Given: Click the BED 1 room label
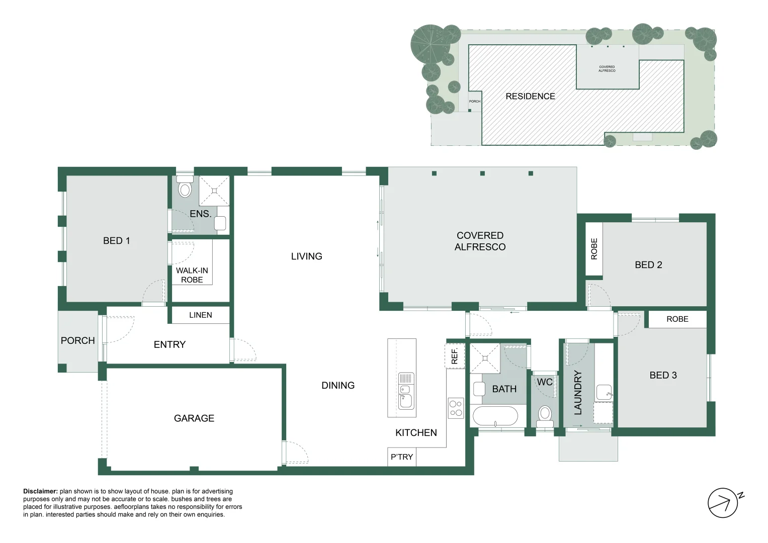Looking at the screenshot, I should click(116, 241).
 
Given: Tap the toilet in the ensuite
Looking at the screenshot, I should click(185, 188).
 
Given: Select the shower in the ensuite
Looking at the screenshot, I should click(214, 191).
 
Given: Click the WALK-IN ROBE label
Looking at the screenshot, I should click(192, 275).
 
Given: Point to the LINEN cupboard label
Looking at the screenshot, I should click(200, 315).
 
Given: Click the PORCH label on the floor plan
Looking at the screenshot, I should click(77, 341).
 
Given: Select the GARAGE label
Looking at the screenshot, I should click(194, 418).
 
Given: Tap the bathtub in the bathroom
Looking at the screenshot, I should click(495, 417).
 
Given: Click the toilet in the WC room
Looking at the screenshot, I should click(545, 414).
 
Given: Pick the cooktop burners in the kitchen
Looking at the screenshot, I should click(456, 408).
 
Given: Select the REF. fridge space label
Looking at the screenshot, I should click(455, 356).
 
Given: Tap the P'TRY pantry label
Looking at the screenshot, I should click(401, 457).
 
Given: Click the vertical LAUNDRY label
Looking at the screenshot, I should click(578, 393).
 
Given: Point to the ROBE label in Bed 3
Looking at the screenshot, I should click(677, 319).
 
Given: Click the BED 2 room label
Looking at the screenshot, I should click(648, 265).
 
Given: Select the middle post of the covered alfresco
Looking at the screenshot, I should click(482, 173).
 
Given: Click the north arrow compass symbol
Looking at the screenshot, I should click(723, 503).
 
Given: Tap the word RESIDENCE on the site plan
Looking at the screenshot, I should click(530, 97).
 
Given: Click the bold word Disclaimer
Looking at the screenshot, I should click(40, 491).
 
